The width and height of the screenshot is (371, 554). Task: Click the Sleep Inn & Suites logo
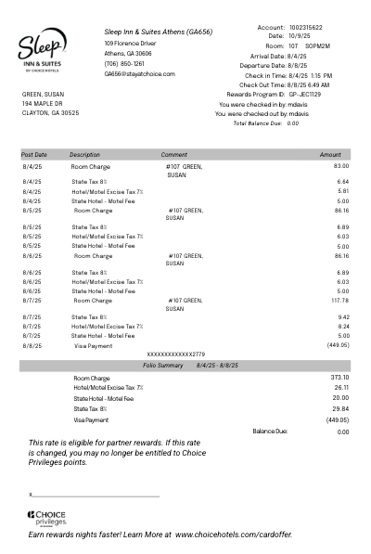(x=42, y=50)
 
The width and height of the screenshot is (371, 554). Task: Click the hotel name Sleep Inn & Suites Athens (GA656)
(x=158, y=32)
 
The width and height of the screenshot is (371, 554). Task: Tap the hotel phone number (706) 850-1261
(x=124, y=64)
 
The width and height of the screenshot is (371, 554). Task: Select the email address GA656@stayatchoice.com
(x=139, y=74)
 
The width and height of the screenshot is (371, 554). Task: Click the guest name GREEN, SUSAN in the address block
(x=44, y=95)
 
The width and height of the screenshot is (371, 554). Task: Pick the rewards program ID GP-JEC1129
(x=304, y=95)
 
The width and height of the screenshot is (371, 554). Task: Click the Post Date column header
(x=34, y=155)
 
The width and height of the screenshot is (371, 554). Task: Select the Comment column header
(x=173, y=155)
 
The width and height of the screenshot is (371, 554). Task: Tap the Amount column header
(x=330, y=155)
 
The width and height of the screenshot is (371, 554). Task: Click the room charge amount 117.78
(x=339, y=301)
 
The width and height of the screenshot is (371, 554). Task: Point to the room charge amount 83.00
(x=341, y=166)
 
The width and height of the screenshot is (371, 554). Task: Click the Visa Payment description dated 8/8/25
(x=93, y=345)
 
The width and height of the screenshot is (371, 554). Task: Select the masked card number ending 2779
(x=176, y=354)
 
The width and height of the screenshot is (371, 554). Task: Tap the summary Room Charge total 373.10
(x=339, y=378)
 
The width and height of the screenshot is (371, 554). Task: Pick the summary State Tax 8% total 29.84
(x=340, y=408)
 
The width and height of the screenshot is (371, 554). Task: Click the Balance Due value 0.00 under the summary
(x=343, y=432)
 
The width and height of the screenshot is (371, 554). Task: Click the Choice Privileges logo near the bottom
(x=46, y=518)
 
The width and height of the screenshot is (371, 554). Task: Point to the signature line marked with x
(x=93, y=496)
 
